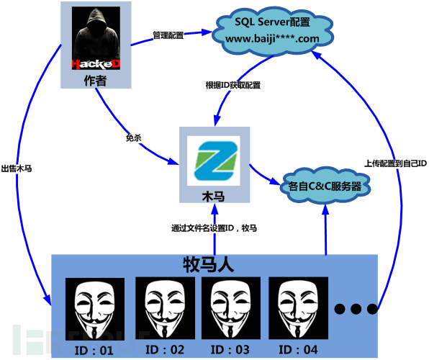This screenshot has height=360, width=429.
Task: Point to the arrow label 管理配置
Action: coord(168,35)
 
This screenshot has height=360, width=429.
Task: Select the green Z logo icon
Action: coord(214,161)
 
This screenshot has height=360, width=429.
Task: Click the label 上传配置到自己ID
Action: coord(396,163)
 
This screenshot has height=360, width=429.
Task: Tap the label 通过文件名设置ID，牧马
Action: coord(214,228)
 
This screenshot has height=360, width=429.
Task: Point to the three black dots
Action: coord(356,309)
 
